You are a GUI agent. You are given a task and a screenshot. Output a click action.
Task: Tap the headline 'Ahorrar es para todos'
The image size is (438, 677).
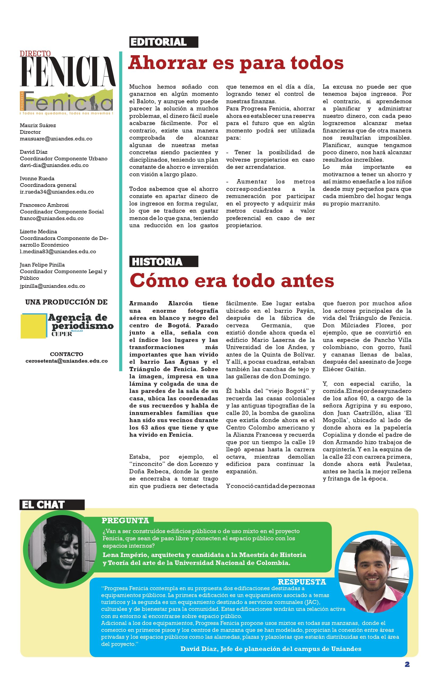click(x=236, y=63)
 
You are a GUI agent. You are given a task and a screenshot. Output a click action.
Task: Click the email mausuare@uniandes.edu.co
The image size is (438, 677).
click(x=56, y=139)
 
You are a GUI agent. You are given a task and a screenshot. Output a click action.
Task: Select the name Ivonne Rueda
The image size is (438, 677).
click(x=37, y=178)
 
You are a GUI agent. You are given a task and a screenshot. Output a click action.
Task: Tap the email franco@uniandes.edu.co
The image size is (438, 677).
click(x=51, y=218)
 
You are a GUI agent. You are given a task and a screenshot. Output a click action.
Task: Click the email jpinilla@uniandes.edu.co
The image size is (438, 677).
click(x=52, y=286)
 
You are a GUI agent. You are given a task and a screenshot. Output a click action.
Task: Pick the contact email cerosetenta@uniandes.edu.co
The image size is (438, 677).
click(x=67, y=361)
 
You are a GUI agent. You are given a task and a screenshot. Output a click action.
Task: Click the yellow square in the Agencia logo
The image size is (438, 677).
click(x=33, y=326)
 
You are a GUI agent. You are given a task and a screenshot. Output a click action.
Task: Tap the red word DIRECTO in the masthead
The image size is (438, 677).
click(x=35, y=53)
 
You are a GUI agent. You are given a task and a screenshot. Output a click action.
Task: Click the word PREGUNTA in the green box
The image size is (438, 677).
click(x=125, y=521)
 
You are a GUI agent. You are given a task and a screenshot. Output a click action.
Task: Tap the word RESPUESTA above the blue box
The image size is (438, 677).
click(x=302, y=582)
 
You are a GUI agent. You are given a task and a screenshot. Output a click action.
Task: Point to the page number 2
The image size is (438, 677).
click(x=407, y=665)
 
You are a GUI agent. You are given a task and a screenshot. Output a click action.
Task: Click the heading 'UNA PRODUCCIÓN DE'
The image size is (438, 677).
click(x=66, y=302)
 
